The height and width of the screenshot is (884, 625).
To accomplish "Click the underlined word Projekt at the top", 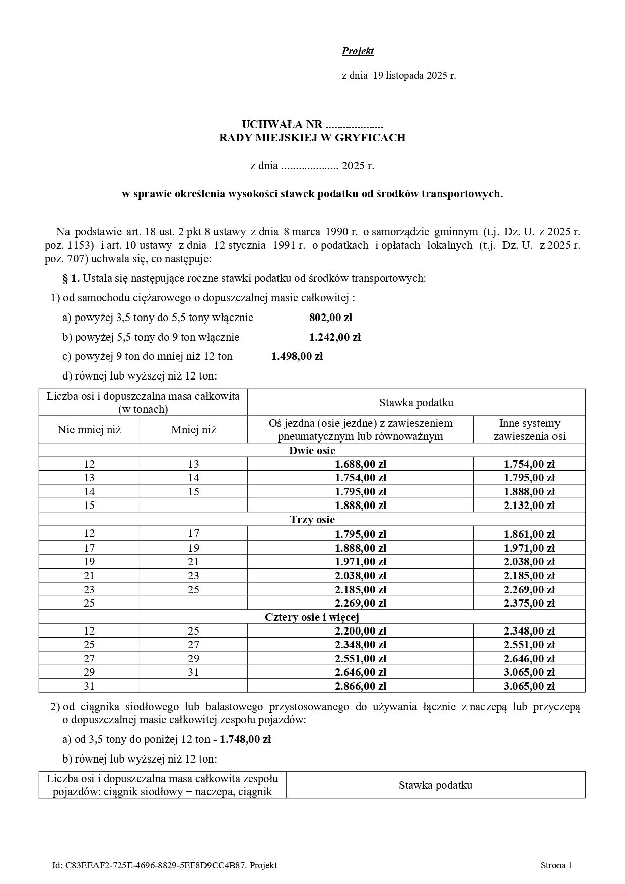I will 358,51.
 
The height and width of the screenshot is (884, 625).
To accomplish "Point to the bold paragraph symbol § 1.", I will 71,278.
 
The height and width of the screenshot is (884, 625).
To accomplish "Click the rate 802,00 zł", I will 330,318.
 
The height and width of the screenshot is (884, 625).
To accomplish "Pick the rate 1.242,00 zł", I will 334,337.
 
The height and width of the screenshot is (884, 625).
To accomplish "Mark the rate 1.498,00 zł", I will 297,356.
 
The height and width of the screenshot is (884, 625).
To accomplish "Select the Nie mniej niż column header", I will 89,430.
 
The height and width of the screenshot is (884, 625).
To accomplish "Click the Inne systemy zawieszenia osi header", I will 529,430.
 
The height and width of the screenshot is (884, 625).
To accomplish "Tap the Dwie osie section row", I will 312,450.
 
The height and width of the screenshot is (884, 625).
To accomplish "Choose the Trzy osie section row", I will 312,519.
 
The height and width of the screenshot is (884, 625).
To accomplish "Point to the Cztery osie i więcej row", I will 312,617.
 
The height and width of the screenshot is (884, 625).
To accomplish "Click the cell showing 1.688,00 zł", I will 360,464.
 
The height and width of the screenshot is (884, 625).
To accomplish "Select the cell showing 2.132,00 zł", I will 529,506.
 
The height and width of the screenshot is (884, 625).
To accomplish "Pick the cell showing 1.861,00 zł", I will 529,533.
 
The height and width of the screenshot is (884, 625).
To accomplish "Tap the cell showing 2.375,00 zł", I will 529,603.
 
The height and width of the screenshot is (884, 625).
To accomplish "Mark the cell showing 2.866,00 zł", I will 360,686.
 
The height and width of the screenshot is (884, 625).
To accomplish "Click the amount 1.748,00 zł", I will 245,739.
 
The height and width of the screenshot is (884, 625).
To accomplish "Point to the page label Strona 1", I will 556,865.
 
